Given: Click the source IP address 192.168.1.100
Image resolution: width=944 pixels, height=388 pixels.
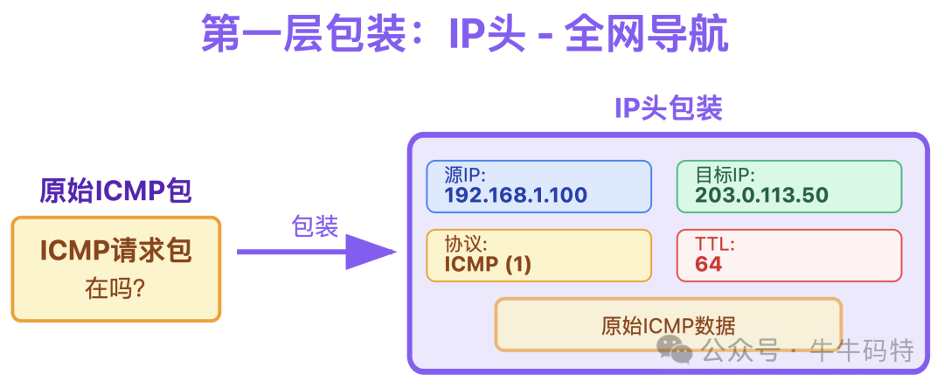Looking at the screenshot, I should pyautogui.click(x=516, y=195).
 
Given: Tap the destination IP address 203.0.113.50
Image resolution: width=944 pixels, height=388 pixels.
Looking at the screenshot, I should pyautogui.click(x=761, y=195).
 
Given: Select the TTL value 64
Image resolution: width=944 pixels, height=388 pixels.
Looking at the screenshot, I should pyautogui.click(x=709, y=264).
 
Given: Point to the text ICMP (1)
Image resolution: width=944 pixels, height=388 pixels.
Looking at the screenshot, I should pyautogui.click(x=488, y=264).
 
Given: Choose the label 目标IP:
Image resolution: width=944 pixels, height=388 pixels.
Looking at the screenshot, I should pyautogui.click(x=725, y=175).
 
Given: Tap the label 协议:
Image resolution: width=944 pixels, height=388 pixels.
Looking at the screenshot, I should pyautogui.click(x=466, y=244).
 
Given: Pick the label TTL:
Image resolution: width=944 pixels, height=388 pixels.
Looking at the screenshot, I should pyautogui.click(x=715, y=244).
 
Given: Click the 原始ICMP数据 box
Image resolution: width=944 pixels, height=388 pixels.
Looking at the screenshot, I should pyautogui.click(x=668, y=325).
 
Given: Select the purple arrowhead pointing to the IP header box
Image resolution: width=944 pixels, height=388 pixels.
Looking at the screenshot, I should pyautogui.click(x=371, y=253).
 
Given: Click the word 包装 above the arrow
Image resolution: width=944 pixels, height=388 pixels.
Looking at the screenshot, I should pyautogui.click(x=315, y=227).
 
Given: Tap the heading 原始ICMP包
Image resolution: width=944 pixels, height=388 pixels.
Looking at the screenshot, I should pyautogui.click(x=115, y=190).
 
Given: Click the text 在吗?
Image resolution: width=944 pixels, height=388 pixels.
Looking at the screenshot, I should pyautogui.click(x=115, y=289).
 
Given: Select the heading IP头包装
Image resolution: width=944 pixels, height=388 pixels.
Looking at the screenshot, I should pyautogui.click(x=669, y=108).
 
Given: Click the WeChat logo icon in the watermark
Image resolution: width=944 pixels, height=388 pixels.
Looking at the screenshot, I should pyautogui.click(x=676, y=350).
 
